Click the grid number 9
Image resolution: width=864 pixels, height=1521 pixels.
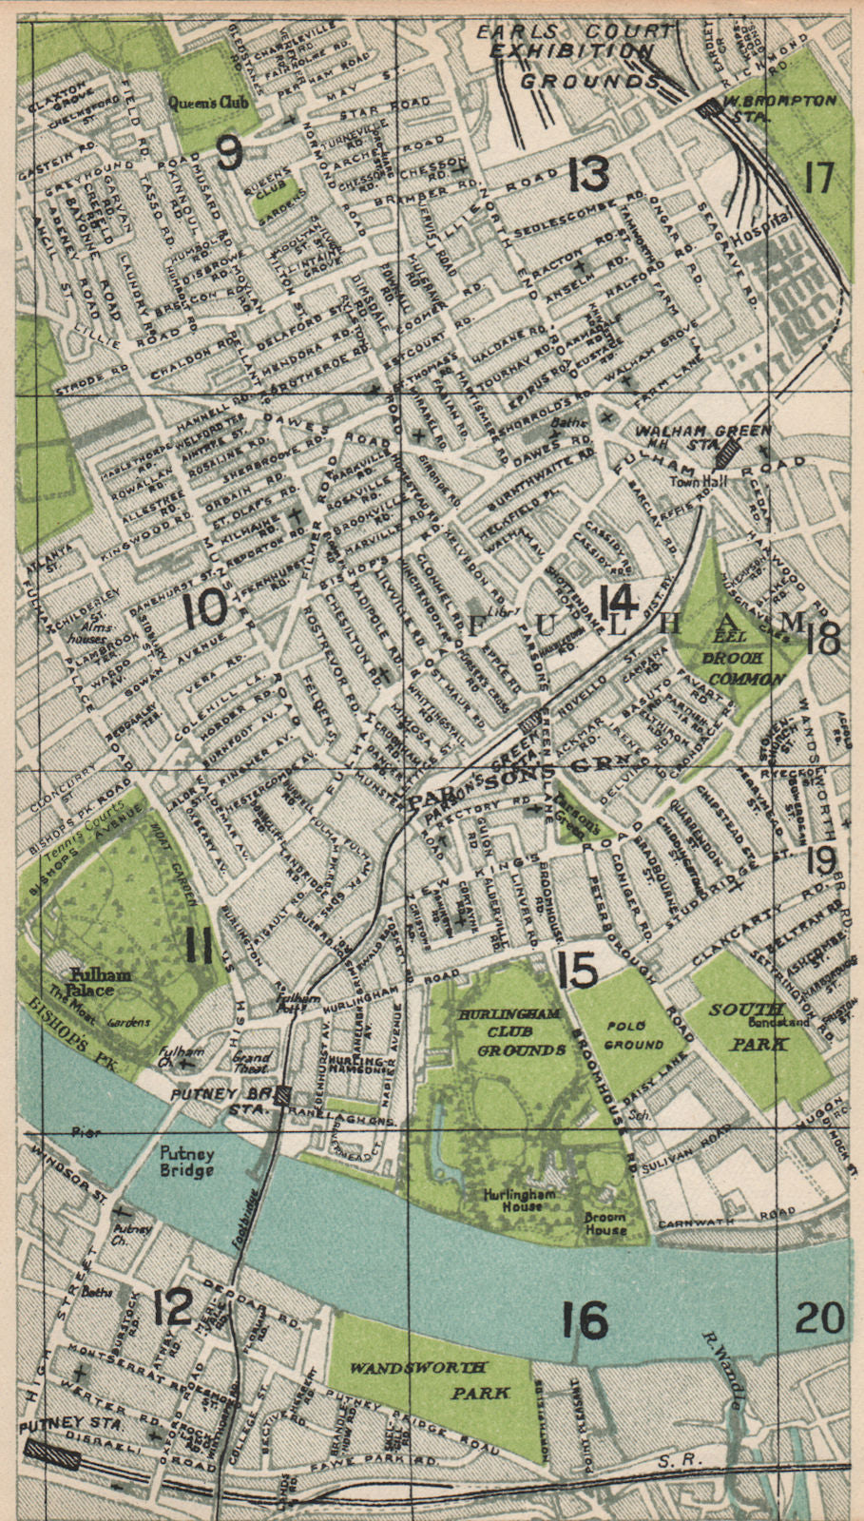(229, 152)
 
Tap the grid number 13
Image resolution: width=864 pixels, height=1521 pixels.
(588, 175)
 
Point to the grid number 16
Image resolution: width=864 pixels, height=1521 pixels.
(585, 1320)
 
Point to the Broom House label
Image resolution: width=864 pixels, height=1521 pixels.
(605, 1223)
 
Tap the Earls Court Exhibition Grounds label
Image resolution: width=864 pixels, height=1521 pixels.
(574, 55)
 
